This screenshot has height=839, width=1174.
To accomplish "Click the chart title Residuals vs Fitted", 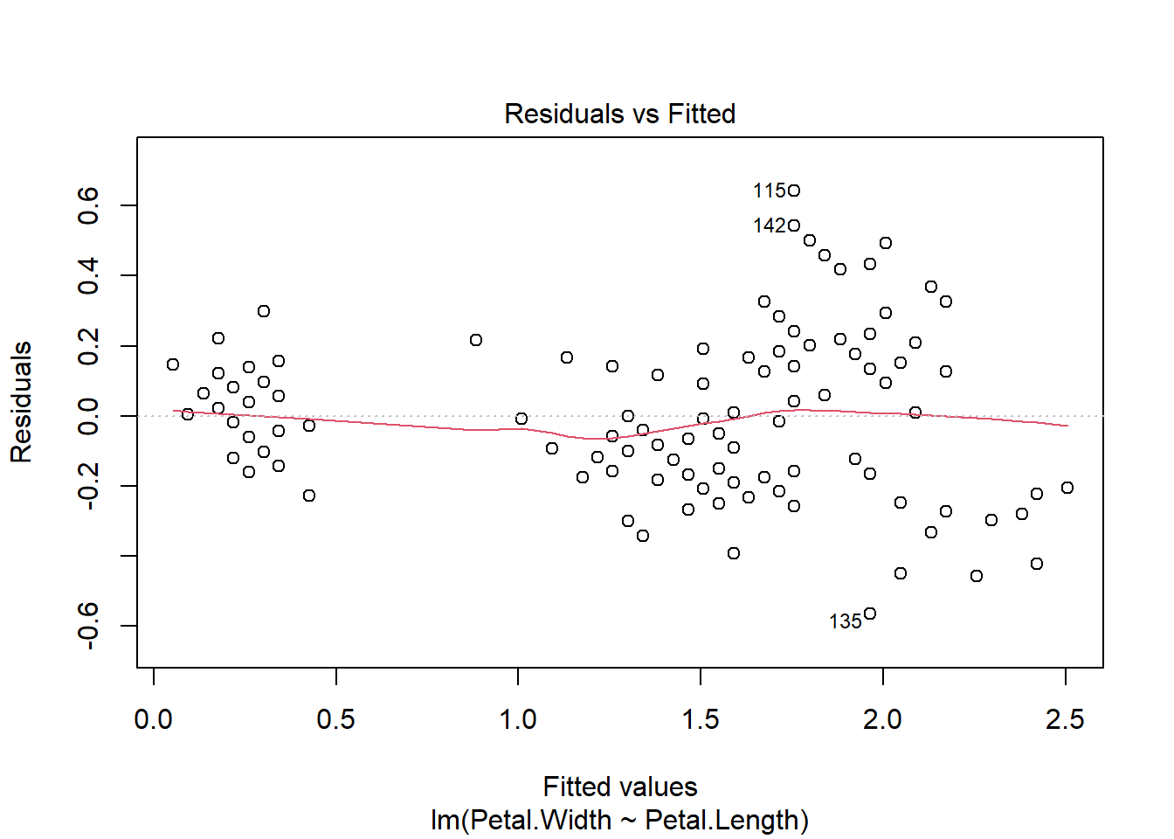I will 619,114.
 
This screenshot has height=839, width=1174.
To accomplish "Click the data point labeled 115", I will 794,191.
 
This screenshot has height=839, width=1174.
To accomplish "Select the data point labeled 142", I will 794,225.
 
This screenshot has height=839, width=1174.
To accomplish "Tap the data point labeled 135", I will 870,614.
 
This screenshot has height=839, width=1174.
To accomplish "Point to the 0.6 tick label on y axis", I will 88,205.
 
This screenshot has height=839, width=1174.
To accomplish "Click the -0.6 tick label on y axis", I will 88,626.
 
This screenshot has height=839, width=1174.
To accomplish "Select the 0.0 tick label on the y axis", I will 88,416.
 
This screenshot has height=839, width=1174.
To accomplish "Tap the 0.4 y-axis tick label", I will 88,275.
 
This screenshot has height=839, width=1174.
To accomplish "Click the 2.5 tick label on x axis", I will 1065,720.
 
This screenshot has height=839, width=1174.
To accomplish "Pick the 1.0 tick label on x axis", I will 518,720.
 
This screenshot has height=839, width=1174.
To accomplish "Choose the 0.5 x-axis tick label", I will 335,720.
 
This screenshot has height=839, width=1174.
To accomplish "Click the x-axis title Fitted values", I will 619,787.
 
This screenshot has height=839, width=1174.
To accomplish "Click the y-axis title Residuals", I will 21,402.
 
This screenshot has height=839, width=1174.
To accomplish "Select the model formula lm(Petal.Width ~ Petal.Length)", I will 619,821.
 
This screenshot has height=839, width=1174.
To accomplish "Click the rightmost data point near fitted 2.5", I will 1067,488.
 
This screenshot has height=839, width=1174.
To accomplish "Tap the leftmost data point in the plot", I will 173,364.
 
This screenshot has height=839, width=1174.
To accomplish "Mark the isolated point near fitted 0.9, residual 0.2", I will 476,340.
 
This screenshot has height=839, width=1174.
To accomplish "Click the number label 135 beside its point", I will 845,621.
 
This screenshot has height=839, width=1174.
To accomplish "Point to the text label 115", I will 769,191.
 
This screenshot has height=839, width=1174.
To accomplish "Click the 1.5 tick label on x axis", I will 701,720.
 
